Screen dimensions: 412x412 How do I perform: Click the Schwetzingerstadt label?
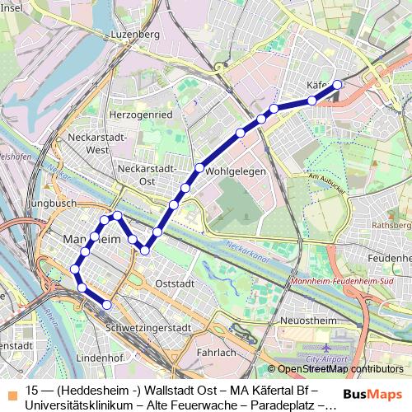[x=149, y=327]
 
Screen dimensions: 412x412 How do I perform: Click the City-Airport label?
[x=325, y=360]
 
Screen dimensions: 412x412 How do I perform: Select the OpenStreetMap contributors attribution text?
[x=339, y=369]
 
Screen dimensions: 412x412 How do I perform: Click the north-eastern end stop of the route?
[x=336, y=84]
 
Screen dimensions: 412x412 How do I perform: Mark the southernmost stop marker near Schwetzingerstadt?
[x=106, y=305]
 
